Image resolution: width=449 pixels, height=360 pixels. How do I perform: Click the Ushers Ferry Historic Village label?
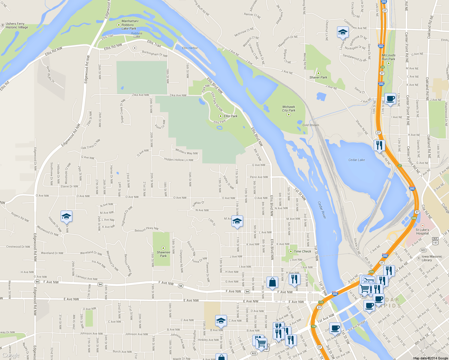[17, 25]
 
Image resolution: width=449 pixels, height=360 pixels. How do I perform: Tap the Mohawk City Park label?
[289, 109]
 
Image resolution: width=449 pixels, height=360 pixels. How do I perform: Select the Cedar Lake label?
[357, 160]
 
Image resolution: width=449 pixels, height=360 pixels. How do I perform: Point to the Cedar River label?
[322, 210]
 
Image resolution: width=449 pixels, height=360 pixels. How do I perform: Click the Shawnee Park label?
[163, 254]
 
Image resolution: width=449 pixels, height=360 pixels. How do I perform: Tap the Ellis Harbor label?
[190, 48]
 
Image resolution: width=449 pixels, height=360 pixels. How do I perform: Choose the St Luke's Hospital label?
[422, 232]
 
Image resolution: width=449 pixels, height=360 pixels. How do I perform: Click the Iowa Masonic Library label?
[432, 258]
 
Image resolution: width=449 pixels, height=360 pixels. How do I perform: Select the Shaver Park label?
[318, 77]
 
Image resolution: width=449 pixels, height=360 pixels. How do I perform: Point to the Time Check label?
[303, 251]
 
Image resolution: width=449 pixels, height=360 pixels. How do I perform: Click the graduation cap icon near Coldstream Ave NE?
[342, 32]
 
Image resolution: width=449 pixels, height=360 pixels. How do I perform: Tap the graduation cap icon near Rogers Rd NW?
[66, 216]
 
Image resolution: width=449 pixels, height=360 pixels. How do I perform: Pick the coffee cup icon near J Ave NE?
[390, 99]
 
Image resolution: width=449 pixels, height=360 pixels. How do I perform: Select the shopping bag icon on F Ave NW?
[272, 282]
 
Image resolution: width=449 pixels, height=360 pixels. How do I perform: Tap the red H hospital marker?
[423, 226]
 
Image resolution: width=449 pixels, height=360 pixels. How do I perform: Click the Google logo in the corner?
[11, 355]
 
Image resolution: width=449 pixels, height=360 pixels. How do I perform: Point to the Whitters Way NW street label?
[187, 151]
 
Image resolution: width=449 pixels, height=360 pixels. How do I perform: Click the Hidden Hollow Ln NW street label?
[179, 160]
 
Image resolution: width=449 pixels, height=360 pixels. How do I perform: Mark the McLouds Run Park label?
[388, 57]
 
